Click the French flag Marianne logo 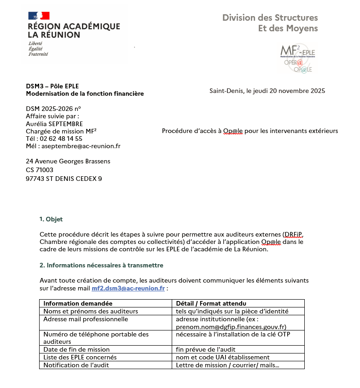39,16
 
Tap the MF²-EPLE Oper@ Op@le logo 297,58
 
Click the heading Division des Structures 270,18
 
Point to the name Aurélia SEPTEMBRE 54,124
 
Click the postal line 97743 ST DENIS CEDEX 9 64,179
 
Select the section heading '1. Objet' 51,219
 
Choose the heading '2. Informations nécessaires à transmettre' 101,265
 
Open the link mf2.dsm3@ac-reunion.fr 128,289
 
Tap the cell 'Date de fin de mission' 76,349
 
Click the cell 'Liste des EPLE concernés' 80,357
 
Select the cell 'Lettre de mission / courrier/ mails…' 228,365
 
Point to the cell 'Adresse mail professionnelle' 86,319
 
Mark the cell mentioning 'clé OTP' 233,334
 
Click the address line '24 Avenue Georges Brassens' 68,161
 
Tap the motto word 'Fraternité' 38,54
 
